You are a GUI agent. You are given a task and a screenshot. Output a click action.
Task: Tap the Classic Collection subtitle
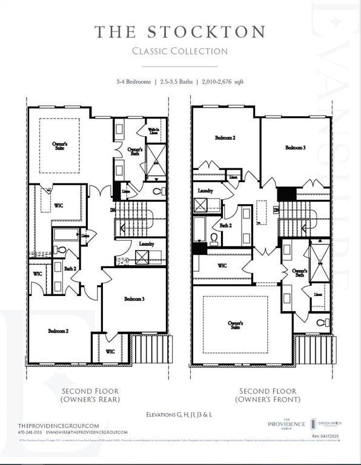click(x=180, y=51)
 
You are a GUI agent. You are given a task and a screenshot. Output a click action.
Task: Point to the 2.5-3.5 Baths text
click(x=177, y=81)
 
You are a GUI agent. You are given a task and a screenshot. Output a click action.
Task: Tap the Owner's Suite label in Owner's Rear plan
click(x=59, y=145)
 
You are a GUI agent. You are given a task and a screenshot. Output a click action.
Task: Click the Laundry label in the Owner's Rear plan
click(x=146, y=244)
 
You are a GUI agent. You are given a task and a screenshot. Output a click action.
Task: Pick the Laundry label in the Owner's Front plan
click(x=205, y=191)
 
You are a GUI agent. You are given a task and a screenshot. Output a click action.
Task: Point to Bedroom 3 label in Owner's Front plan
click(x=296, y=147)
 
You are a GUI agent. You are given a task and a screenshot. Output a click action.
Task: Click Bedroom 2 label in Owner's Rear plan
click(x=58, y=331)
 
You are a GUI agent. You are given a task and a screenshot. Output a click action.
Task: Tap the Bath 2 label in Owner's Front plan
click(x=226, y=225)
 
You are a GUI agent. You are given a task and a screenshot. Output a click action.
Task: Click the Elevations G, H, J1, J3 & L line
click(x=180, y=415)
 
